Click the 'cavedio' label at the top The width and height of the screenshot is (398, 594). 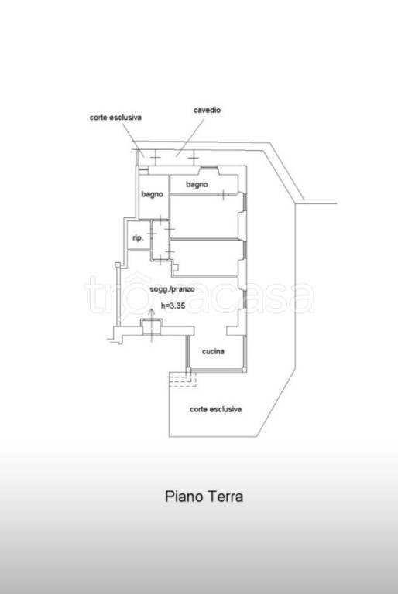point(207,110)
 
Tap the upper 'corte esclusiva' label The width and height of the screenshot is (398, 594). point(115,118)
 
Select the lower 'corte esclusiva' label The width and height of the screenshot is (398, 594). point(215,409)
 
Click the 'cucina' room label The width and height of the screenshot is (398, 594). point(213,352)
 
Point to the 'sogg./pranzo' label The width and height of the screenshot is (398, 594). point(172,289)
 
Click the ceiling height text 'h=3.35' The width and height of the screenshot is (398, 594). point(173,306)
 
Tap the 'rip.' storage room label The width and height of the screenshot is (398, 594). point(138,238)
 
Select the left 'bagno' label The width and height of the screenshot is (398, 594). point(152,194)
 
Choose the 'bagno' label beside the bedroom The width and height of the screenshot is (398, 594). point(197,185)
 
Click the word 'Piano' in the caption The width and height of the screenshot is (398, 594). point(180,497)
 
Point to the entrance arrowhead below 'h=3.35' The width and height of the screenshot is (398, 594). point(152,311)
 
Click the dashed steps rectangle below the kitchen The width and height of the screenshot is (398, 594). point(183,379)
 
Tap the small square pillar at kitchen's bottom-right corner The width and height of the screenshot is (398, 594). point(245,370)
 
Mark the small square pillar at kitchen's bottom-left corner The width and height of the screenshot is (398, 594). point(189,370)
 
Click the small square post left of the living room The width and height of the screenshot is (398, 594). point(118,265)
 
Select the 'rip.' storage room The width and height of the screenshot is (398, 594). point(139,235)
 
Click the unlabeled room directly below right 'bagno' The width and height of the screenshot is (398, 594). point(204,217)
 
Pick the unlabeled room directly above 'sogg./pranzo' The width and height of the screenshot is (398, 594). point(205,258)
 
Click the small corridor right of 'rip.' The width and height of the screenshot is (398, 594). point(160,240)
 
